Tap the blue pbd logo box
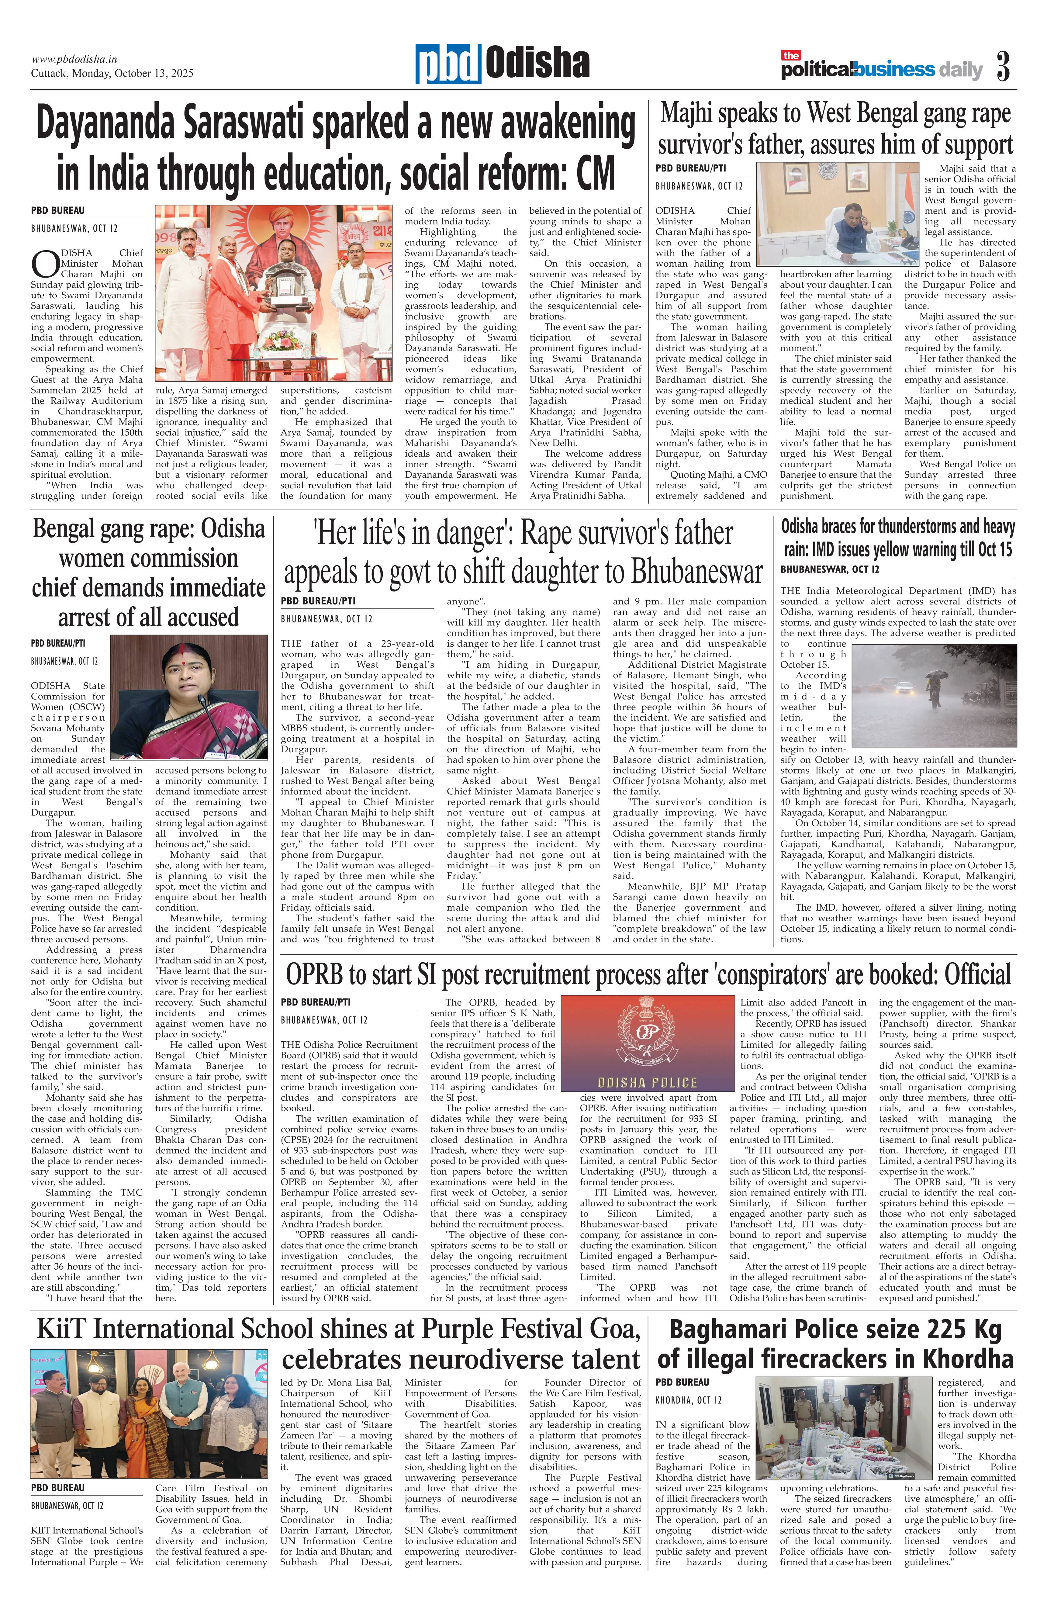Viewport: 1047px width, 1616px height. pos(448,64)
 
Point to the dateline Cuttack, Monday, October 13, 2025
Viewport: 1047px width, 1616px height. pos(112,73)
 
